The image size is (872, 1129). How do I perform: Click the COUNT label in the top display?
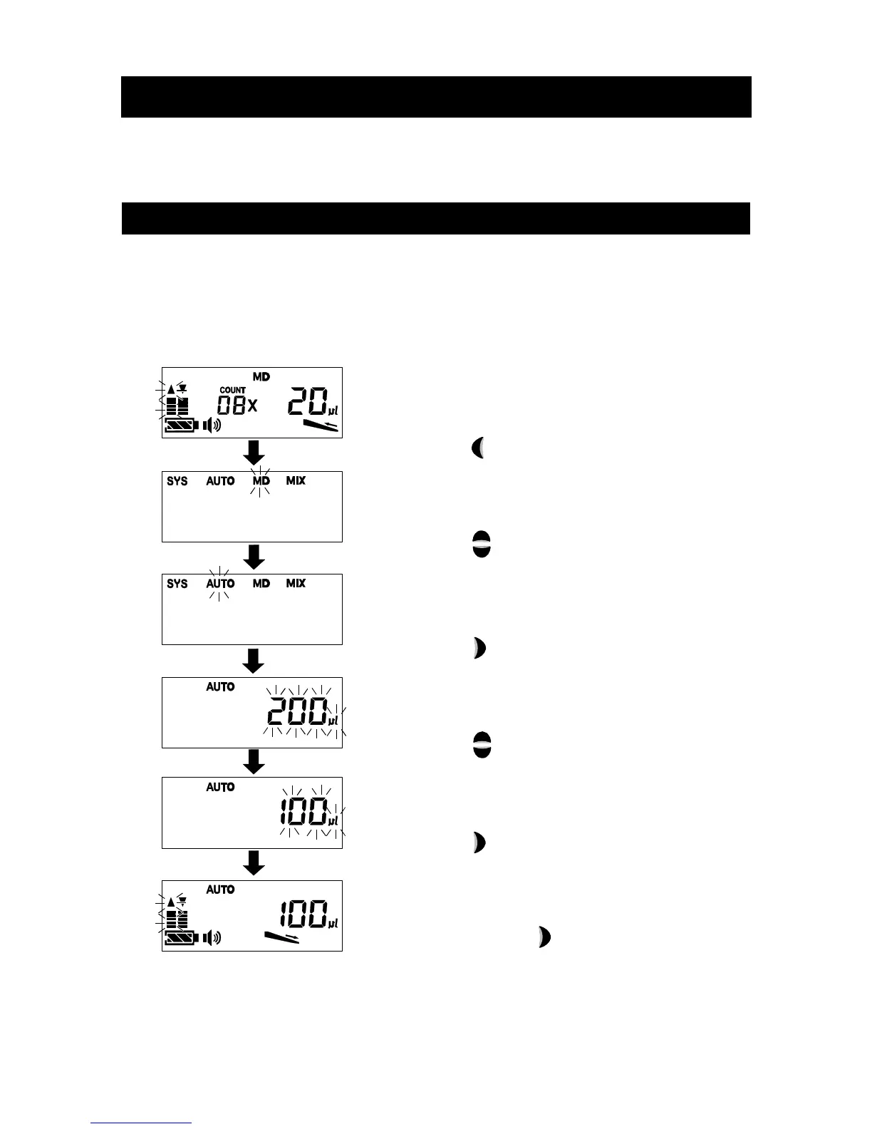coord(232,390)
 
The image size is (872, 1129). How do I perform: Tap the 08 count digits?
coord(232,406)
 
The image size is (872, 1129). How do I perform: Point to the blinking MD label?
coord(261,481)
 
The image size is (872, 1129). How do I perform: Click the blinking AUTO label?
coord(220,584)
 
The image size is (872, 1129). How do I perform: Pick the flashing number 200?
coord(296,711)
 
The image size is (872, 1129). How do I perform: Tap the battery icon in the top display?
coord(181,426)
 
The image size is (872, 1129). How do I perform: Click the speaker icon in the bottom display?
coord(212,937)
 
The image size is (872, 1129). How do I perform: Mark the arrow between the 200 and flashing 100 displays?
coord(254,761)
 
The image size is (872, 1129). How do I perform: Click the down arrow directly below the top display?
coord(254,453)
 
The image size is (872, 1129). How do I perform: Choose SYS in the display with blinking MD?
coord(177,481)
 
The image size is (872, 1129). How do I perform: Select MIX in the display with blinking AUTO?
coord(296,584)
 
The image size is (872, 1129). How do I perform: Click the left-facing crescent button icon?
coord(479,448)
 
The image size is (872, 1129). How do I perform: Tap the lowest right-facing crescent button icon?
coord(544,937)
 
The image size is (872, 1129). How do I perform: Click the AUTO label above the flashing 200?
coord(220,687)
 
